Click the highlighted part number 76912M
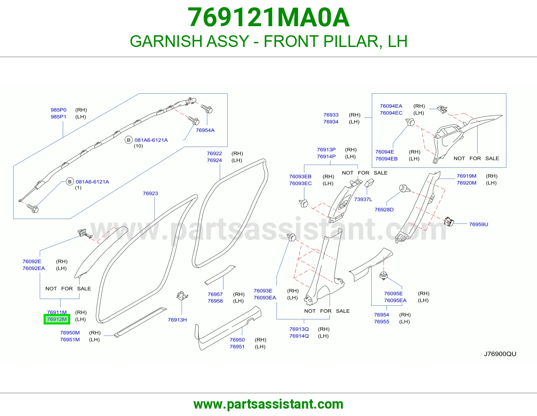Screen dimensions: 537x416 (57, 319)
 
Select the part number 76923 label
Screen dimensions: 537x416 (150, 194)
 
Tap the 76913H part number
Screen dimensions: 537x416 (177, 320)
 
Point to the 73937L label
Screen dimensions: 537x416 (363, 199)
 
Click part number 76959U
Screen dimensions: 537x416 (478, 224)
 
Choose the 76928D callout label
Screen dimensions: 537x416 (384, 209)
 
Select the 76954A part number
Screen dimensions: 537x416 (205, 130)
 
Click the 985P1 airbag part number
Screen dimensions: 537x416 (59, 117)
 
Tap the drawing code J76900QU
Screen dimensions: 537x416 (500, 354)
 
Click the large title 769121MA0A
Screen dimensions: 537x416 (268, 17)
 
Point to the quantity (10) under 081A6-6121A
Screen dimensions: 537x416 (138, 146)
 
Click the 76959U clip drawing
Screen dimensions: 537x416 (449, 221)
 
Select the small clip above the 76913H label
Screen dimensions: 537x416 (182, 296)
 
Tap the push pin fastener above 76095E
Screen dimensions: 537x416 (383, 276)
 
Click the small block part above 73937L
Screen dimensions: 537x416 (370, 183)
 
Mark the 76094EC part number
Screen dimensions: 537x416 (391, 113)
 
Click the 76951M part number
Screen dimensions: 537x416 (70, 340)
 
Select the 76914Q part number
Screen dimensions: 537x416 (299, 336)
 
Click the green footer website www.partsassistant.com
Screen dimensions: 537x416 (268, 404)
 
